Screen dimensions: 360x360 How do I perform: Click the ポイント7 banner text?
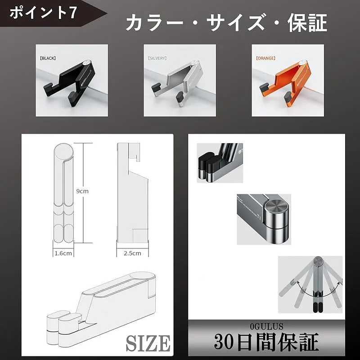(43, 13)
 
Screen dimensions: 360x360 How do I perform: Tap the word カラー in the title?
(154, 22)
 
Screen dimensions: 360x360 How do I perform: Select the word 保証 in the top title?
(307, 22)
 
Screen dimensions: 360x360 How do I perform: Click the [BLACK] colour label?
(48, 58)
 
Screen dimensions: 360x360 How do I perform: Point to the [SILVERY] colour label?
(157, 58)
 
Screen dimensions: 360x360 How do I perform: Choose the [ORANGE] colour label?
(265, 58)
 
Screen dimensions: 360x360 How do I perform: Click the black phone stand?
(68, 83)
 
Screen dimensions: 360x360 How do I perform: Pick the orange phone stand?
(285, 83)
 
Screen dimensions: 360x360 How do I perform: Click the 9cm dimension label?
(82, 191)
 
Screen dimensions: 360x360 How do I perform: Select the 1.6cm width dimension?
(63, 253)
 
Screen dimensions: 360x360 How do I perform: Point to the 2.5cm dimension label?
(132, 253)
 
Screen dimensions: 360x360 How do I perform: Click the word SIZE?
(148, 343)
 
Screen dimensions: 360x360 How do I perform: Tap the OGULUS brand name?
(266, 326)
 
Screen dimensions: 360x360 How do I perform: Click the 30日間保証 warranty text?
(266, 342)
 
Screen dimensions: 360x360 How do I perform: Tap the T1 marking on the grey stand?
(259, 216)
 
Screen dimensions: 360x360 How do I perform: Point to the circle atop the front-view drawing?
(64, 151)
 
